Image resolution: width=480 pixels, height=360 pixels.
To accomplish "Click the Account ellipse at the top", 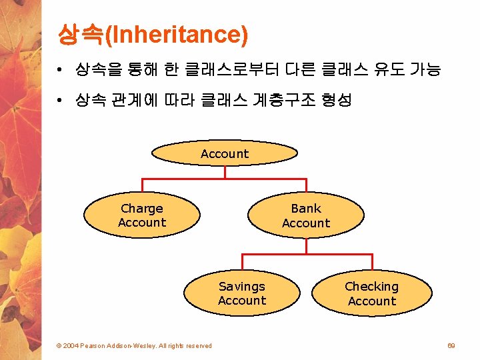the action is click(x=225, y=153).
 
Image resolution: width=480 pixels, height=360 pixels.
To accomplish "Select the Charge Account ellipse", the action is click(x=142, y=215).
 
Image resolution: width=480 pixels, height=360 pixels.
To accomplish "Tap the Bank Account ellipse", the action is click(x=306, y=215).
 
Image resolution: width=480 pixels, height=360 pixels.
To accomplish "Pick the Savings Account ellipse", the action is click(x=241, y=293).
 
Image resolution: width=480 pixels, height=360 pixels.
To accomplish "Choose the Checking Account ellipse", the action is click(x=372, y=293).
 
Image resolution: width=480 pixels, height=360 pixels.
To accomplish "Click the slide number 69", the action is click(x=451, y=345).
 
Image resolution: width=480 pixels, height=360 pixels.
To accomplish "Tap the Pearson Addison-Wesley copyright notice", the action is click(x=133, y=345).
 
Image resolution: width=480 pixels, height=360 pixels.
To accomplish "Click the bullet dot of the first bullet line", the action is click(x=60, y=70).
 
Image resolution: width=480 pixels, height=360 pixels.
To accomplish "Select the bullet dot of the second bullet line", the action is click(x=60, y=101).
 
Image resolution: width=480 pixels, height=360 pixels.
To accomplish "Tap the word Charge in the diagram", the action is click(x=142, y=209).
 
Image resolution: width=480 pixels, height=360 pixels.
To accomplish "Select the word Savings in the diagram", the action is click(x=241, y=287).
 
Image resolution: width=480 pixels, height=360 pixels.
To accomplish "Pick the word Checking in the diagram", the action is click(x=371, y=287).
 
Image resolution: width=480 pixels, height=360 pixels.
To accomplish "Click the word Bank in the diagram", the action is click(x=306, y=209).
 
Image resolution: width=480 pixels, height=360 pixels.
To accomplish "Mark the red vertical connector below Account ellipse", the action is click(x=225, y=172).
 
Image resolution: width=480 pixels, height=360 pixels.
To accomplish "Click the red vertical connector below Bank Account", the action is click(x=306, y=246).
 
